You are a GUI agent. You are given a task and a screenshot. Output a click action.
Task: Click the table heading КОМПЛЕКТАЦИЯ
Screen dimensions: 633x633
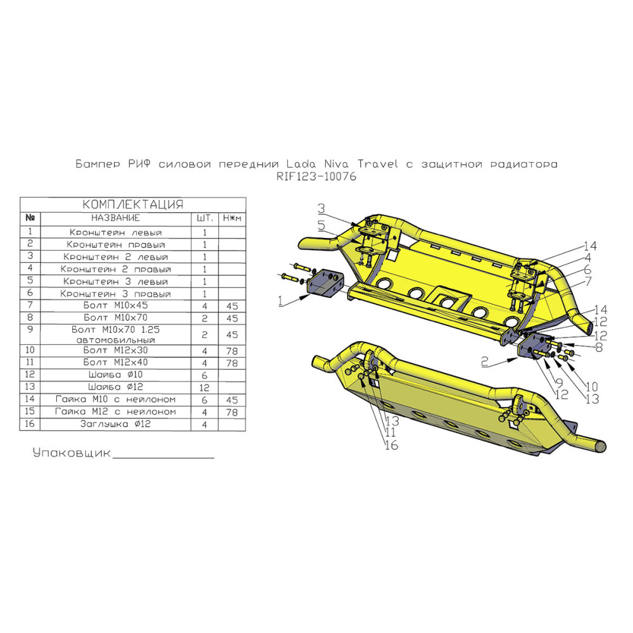[133, 204]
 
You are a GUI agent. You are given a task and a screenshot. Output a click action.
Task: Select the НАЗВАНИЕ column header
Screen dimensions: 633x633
[115, 218]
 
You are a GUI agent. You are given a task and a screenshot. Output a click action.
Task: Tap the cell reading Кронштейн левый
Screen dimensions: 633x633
[116, 232]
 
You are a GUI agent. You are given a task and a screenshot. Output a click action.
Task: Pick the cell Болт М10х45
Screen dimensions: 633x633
[116, 305]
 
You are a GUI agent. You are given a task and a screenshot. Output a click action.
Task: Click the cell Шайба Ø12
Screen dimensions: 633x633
[116, 387]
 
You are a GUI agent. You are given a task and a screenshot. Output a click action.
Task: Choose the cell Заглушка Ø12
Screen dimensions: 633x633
[115, 424]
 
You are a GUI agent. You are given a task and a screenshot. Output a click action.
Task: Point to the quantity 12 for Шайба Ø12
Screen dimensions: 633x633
[204, 387]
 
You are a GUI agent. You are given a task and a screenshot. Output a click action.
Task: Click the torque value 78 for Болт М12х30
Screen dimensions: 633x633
[232, 351]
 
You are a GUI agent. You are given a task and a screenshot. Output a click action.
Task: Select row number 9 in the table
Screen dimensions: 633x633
[30, 329]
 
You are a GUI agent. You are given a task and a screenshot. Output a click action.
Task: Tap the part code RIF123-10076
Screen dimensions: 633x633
[316, 177]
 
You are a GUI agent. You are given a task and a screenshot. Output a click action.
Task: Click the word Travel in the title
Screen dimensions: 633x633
[377, 164]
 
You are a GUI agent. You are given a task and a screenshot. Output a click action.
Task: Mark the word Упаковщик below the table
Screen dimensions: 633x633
[72, 453]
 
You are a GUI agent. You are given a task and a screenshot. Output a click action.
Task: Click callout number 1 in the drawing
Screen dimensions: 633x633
[281, 301]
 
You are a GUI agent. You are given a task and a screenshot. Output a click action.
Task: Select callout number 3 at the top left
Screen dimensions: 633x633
[322, 209]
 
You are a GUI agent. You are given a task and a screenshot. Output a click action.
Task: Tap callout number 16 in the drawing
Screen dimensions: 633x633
[392, 445]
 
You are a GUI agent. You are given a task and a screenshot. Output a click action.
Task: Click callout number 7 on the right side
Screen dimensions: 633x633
[588, 282]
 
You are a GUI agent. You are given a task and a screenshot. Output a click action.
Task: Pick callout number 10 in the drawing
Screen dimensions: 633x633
[591, 386]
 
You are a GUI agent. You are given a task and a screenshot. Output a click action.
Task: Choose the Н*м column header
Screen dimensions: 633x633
[232, 218]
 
